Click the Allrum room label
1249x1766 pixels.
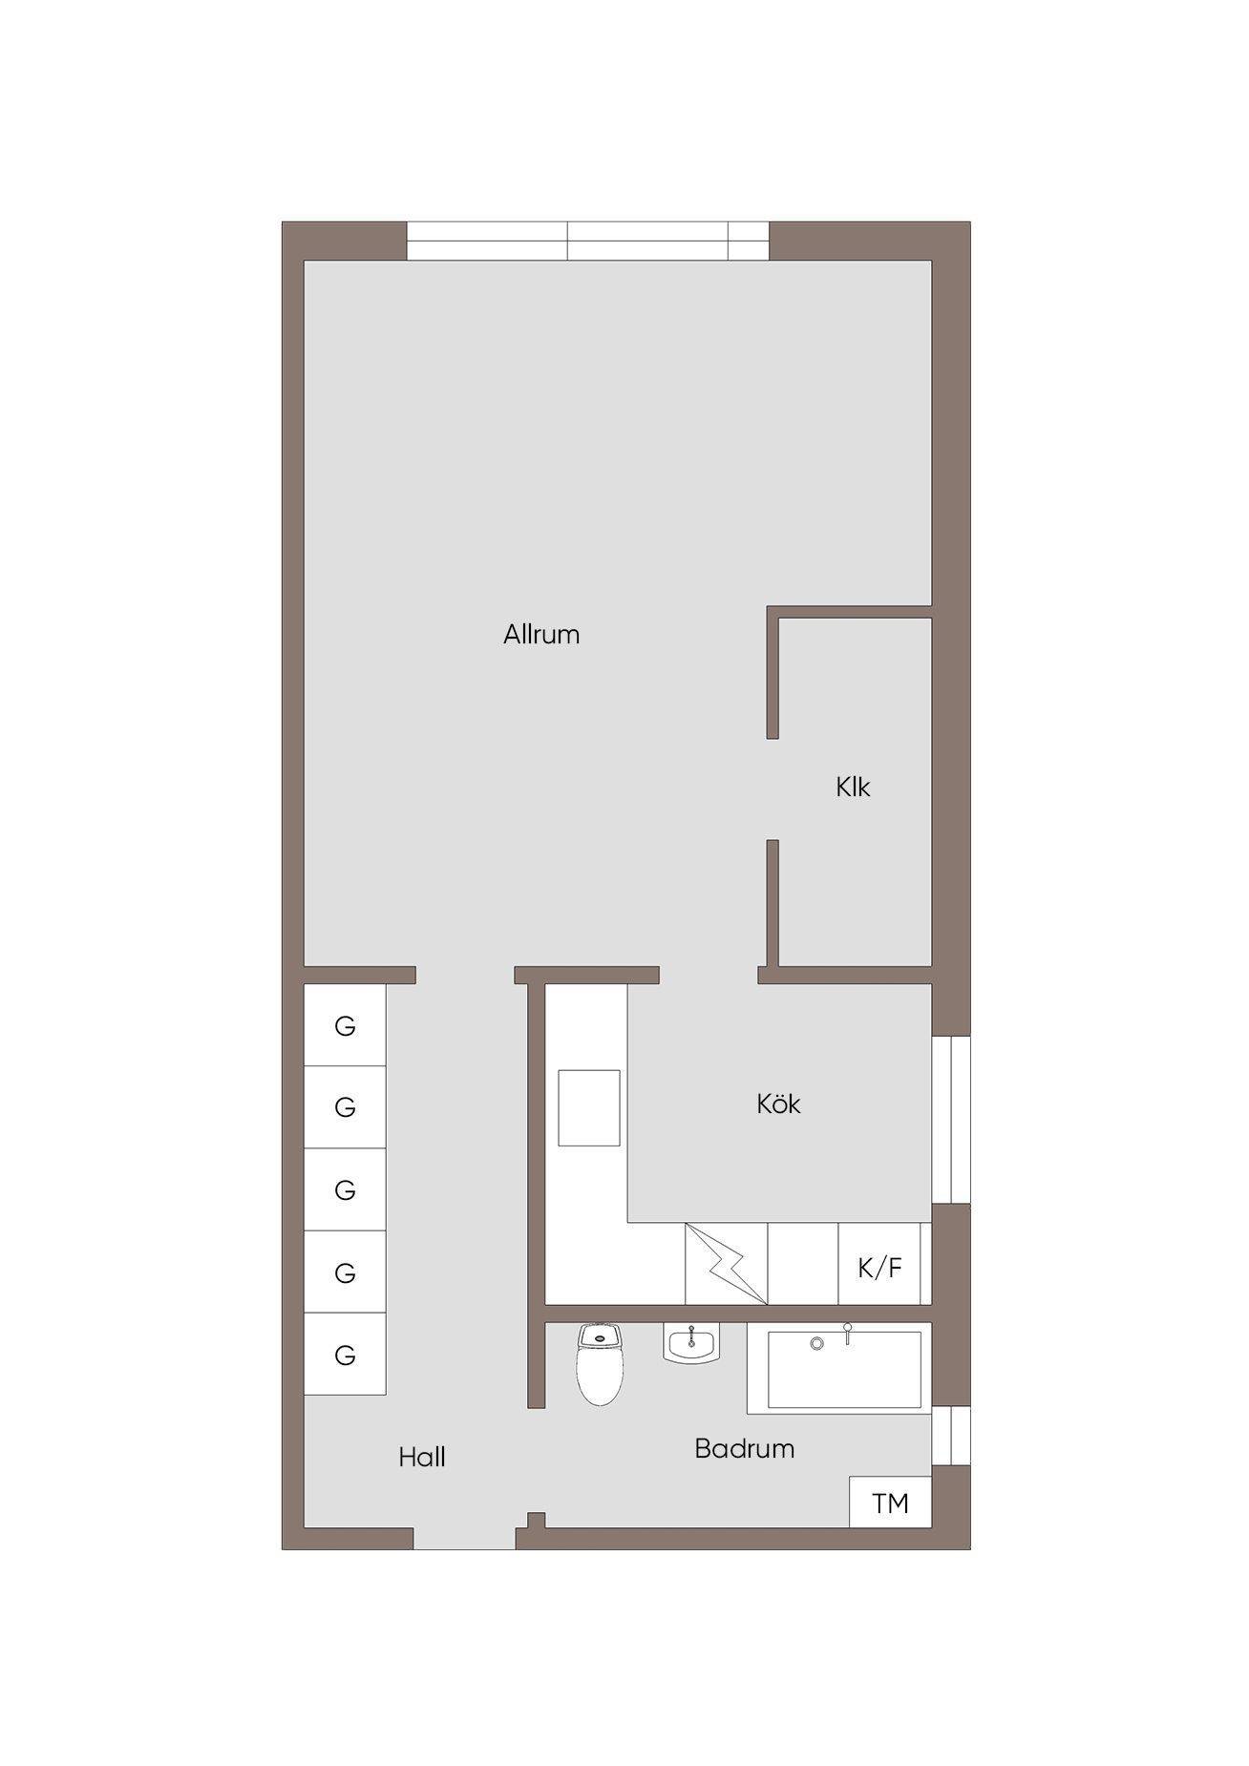click(541, 635)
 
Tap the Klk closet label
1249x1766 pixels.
click(853, 788)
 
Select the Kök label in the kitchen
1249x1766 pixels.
click(778, 1104)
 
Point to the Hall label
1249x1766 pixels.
click(422, 1458)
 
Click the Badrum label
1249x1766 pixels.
click(745, 1449)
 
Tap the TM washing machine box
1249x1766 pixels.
click(891, 1503)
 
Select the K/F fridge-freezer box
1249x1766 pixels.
click(879, 1264)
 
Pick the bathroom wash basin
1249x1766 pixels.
click(690, 1345)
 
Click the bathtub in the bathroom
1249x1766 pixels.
click(839, 1368)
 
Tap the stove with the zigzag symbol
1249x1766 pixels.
click(727, 1264)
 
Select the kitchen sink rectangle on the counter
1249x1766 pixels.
click(589, 1108)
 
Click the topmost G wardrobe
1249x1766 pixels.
click(345, 1025)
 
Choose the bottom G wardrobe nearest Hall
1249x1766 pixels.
click(345, 1355)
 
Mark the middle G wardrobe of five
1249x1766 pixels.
click(345, 1189)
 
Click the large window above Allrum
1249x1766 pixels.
click(588, 241)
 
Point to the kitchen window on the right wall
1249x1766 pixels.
click(951, 1120)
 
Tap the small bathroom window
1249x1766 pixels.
click(951, 1436)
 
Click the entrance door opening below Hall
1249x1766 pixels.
click(464, 1537)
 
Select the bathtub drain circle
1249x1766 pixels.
click(816, 1343)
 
